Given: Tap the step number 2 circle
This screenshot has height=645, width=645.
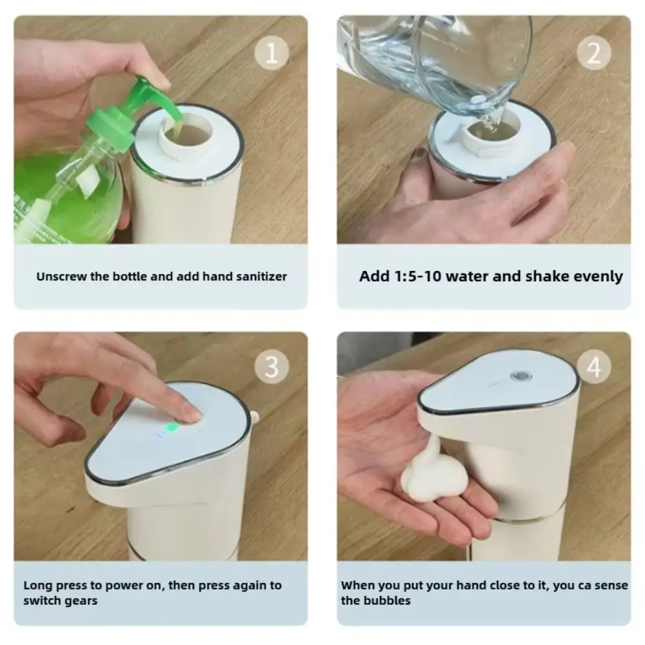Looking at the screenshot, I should point(594,53).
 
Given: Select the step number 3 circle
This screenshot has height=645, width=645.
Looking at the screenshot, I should point(272,367).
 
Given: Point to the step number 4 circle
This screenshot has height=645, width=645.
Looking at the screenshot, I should point(594,367).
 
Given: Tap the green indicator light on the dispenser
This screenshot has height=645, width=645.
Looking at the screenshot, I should point(172,427).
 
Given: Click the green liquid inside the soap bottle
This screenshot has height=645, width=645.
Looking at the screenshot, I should point(52,193).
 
